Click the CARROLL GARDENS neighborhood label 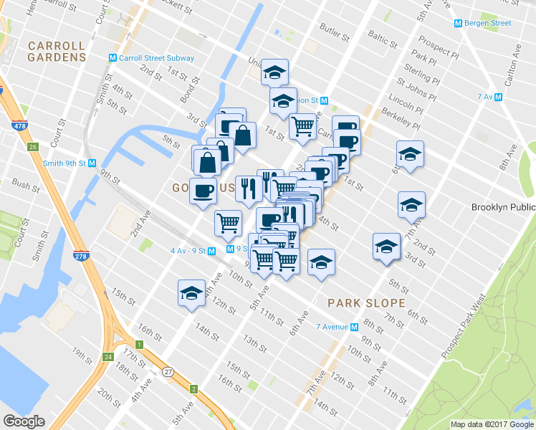point(57,52)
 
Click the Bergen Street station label point(484,23)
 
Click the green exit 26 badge point(32,148)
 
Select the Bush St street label point(26,185)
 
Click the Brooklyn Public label point(503,208)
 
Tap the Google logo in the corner point(24,422)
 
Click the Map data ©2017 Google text point(492,424)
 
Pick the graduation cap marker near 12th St point(191,294)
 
